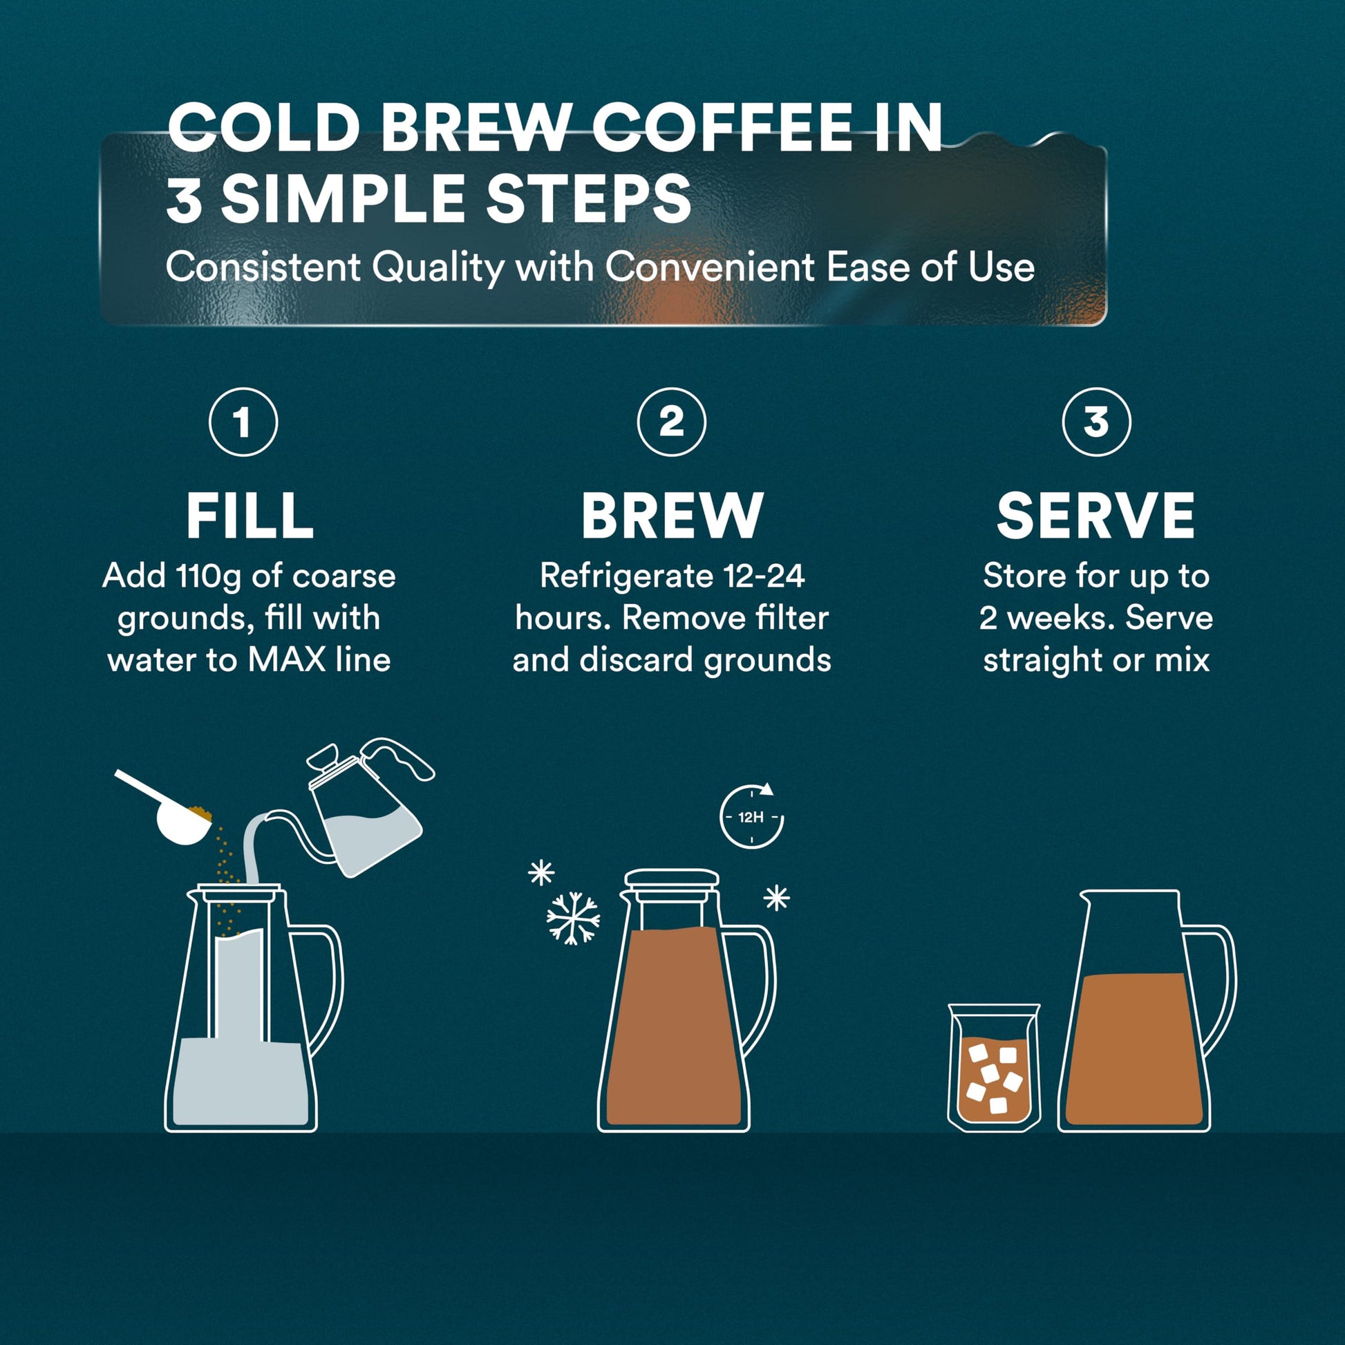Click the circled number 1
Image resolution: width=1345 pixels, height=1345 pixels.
(243, 422)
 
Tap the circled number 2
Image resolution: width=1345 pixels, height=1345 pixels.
(671, 422)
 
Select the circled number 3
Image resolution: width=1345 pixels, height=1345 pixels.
(1095, 422)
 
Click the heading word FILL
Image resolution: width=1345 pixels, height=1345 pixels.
(250, 516)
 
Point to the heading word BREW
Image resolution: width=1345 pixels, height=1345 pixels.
(672, 516)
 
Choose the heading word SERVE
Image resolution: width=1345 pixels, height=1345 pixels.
(1095, 516)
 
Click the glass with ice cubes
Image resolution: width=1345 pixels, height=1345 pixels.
(993, 1066)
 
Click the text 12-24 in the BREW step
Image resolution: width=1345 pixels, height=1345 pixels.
(764, 576)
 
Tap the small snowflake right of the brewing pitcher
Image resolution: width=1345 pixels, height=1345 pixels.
(776, 897)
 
